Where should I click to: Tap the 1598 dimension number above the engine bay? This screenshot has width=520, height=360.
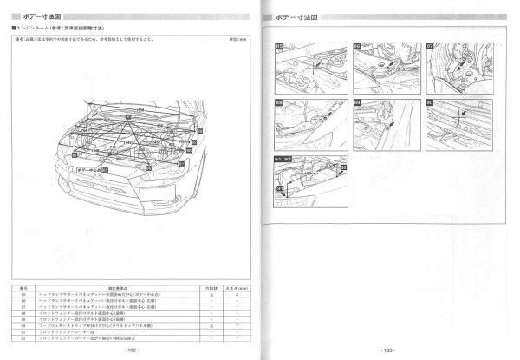pyautogui.click(x=138, y=111)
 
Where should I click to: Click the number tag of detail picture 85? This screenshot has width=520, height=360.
pyautogui.click(x=280, y=44)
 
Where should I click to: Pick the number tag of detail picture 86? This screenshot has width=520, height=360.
pyautogui.click(x=357, y=44)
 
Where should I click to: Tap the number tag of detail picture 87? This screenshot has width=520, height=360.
pyautogui.click(x=430, y=44)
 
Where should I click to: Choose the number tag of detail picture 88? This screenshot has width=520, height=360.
pyautogui.click(x=280, y=102)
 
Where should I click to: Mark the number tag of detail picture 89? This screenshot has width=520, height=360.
pyautogui.click(x=357, y=102)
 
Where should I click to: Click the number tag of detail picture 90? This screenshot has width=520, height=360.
pyautogui.click(x=430, y=102)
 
